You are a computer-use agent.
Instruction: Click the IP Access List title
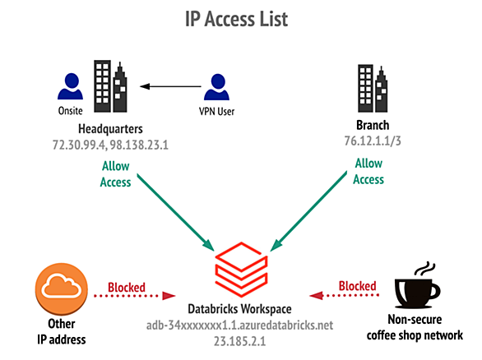(x=236, y=19)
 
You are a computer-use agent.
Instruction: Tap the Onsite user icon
(x=71, y=86)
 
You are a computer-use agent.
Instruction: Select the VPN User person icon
(x=216, y=87)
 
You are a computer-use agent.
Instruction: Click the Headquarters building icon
(x=110, y=86)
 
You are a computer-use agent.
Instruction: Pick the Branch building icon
(x=373, y=89)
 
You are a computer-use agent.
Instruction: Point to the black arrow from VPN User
(x=170, y=86)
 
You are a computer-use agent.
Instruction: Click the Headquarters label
(x=110, y=129)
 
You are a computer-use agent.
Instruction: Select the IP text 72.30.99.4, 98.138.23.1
(x=111, y=145)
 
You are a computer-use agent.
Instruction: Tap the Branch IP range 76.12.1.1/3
(x=373, y=141)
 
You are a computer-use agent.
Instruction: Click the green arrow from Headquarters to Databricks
(x=176, y=213)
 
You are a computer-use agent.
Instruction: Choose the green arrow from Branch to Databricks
(x=308, y=211)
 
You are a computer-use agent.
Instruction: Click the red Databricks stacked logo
(x=241, y=270)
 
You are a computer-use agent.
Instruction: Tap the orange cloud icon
(x=62, y=289)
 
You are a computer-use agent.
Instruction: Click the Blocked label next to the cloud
(x=127, y=288)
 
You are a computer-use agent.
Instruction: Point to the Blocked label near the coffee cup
(x=358, y=286)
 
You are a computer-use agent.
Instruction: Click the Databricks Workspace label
(x=240, y=309)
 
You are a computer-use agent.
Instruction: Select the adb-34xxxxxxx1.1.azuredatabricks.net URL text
(x=240, y=325)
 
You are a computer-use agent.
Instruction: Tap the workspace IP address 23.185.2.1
(x=240, y=341)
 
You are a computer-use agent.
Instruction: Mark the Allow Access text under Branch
(x=368, y=171)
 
